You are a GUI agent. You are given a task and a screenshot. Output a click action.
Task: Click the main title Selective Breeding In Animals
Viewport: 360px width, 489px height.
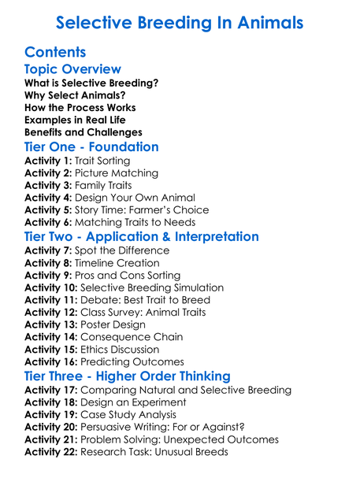180,22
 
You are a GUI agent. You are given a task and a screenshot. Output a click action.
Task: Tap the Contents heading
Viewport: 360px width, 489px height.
55,53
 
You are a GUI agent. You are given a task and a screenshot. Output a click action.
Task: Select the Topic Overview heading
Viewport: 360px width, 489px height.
72,69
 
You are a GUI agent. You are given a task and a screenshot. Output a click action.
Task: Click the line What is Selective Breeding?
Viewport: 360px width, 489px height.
91,83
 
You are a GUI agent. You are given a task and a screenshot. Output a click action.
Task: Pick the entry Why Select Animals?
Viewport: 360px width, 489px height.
75,95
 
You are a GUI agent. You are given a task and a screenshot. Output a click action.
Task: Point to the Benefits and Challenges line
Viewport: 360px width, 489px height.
84,132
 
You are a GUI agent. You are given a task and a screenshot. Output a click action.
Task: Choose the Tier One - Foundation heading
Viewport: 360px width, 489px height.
91,147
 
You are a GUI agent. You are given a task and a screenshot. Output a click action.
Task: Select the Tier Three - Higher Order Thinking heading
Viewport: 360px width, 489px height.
128,376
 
